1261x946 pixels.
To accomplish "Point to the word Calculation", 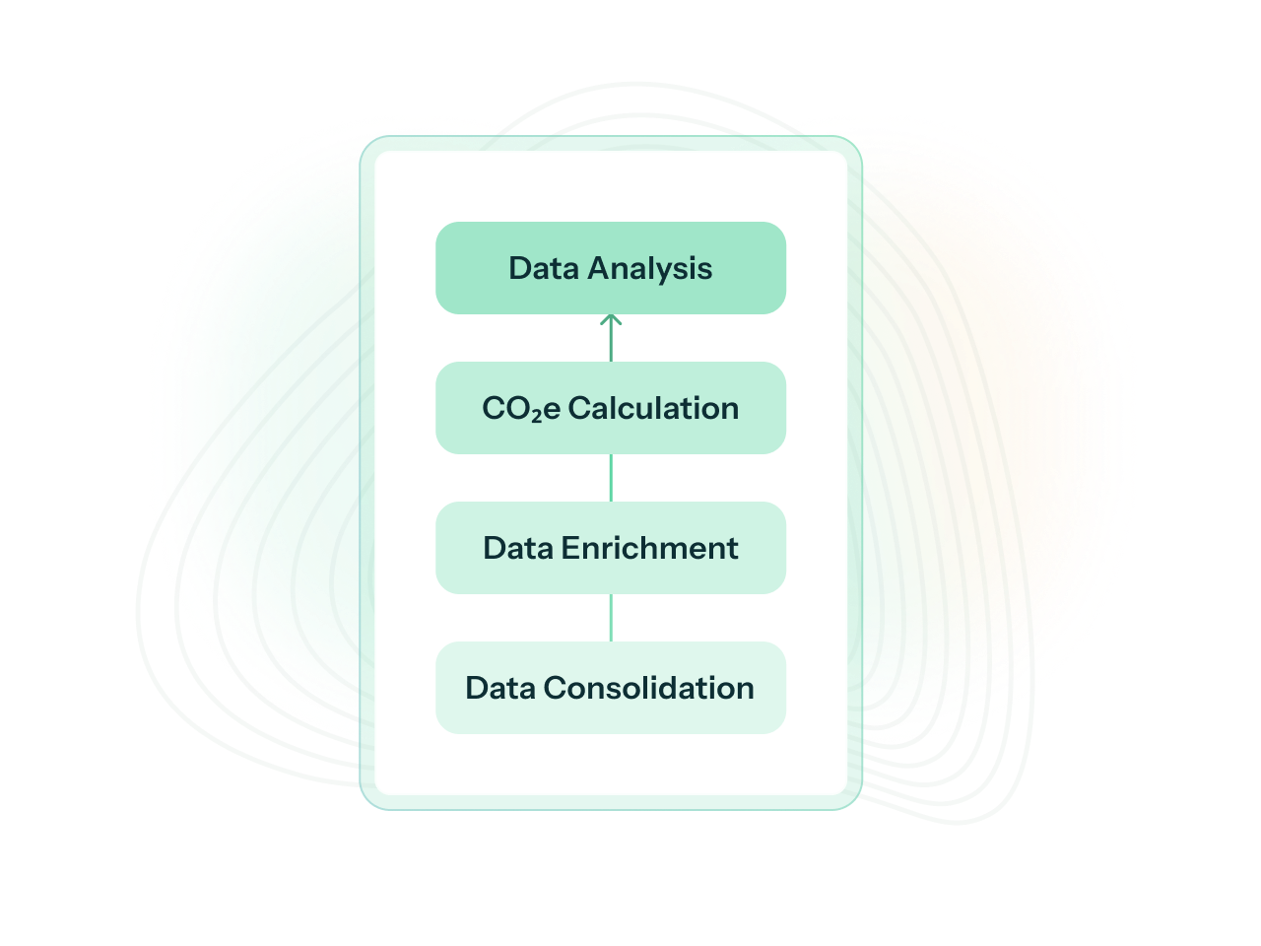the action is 653,408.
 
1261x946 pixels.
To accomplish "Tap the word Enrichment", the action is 649,548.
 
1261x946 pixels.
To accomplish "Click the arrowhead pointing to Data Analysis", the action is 611,320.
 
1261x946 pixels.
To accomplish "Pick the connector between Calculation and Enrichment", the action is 611,478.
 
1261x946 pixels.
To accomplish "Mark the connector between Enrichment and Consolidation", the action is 611,618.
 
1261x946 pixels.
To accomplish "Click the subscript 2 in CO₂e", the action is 537,416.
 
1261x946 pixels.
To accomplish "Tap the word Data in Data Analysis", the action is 544,269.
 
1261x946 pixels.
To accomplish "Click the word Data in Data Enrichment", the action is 518,548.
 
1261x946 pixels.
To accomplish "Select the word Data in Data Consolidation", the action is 500,688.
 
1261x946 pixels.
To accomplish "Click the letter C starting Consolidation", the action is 555,688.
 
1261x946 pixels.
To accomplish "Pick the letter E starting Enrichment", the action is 569,548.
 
